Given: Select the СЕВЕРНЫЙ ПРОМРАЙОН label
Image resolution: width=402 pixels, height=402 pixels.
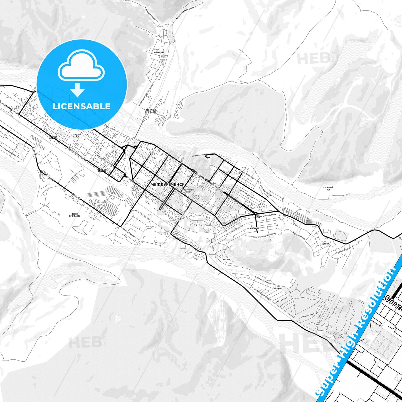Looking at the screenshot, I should click(151, 111).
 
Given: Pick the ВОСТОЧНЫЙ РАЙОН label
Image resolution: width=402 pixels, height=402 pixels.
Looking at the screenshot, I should click(188, 191).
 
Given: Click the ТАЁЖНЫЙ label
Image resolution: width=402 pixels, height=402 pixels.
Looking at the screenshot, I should click(325, 244).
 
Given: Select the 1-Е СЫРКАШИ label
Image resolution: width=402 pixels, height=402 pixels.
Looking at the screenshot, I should click(226, 258).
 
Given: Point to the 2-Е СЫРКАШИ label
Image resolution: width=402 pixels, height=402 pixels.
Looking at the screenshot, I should click(277, 287).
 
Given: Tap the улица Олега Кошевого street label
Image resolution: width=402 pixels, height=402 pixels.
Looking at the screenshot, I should click(264, 236).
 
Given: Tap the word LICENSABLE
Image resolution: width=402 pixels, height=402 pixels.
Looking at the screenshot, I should click(82, 106).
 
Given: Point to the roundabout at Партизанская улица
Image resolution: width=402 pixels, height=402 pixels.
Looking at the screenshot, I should click(255, 213).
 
